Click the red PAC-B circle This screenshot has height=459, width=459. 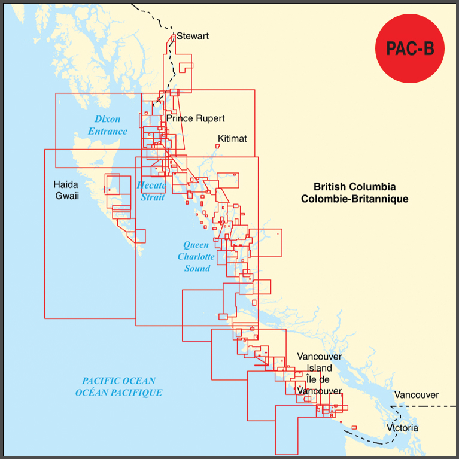tap(410, 48)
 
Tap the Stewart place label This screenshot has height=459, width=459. tap(193, 37)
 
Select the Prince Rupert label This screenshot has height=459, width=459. tap(196, 118)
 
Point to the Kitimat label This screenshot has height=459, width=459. tap(232, 139)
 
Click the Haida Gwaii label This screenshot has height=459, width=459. tap(66, 190)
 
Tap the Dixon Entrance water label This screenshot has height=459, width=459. tap(108, 125)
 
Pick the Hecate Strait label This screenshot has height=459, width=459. tap(151, 191)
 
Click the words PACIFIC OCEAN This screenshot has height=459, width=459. tap(119, 381)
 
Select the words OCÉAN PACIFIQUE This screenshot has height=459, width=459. tap(119, 393)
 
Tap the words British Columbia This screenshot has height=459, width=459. tap(354, 187)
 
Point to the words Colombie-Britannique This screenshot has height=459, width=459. tap(354, 199)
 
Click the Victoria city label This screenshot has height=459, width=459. tap(403, 428)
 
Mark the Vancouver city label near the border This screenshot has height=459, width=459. tap(417, 395)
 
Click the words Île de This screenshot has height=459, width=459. tap(318, 379)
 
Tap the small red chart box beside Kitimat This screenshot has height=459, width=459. tap(218, 145)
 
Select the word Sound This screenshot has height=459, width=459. tap(197, 268)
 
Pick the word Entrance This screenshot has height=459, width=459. tap(108, 131)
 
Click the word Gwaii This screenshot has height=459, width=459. tap(67, 196)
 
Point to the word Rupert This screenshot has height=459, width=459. tap(210, 118)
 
